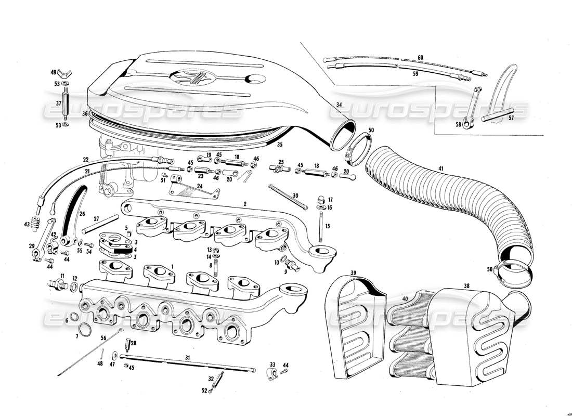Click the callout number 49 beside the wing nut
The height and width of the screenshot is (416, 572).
click(53, 72)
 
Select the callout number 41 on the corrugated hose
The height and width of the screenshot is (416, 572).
click(441, 168)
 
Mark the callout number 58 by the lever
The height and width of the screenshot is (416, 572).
click(458, 125)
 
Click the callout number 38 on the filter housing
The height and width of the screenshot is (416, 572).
click(466, 285)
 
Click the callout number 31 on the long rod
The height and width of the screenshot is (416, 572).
click(187, 358)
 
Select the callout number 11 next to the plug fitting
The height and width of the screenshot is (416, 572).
click(62, 276)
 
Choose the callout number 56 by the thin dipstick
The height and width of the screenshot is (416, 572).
click(103, 338)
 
